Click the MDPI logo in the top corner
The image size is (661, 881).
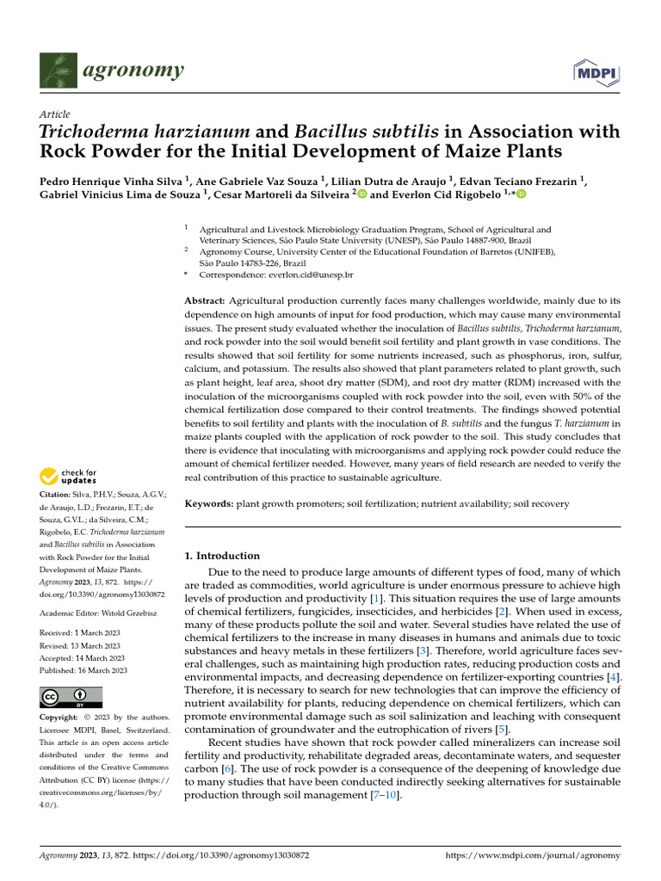596,73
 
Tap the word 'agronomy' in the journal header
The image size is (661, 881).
133,70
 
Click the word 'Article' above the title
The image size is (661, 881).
55,114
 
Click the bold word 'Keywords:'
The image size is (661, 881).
209,502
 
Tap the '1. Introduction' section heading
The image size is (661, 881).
222,556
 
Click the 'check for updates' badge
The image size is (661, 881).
69,476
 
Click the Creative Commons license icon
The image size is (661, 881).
71,697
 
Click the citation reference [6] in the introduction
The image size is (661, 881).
227,767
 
